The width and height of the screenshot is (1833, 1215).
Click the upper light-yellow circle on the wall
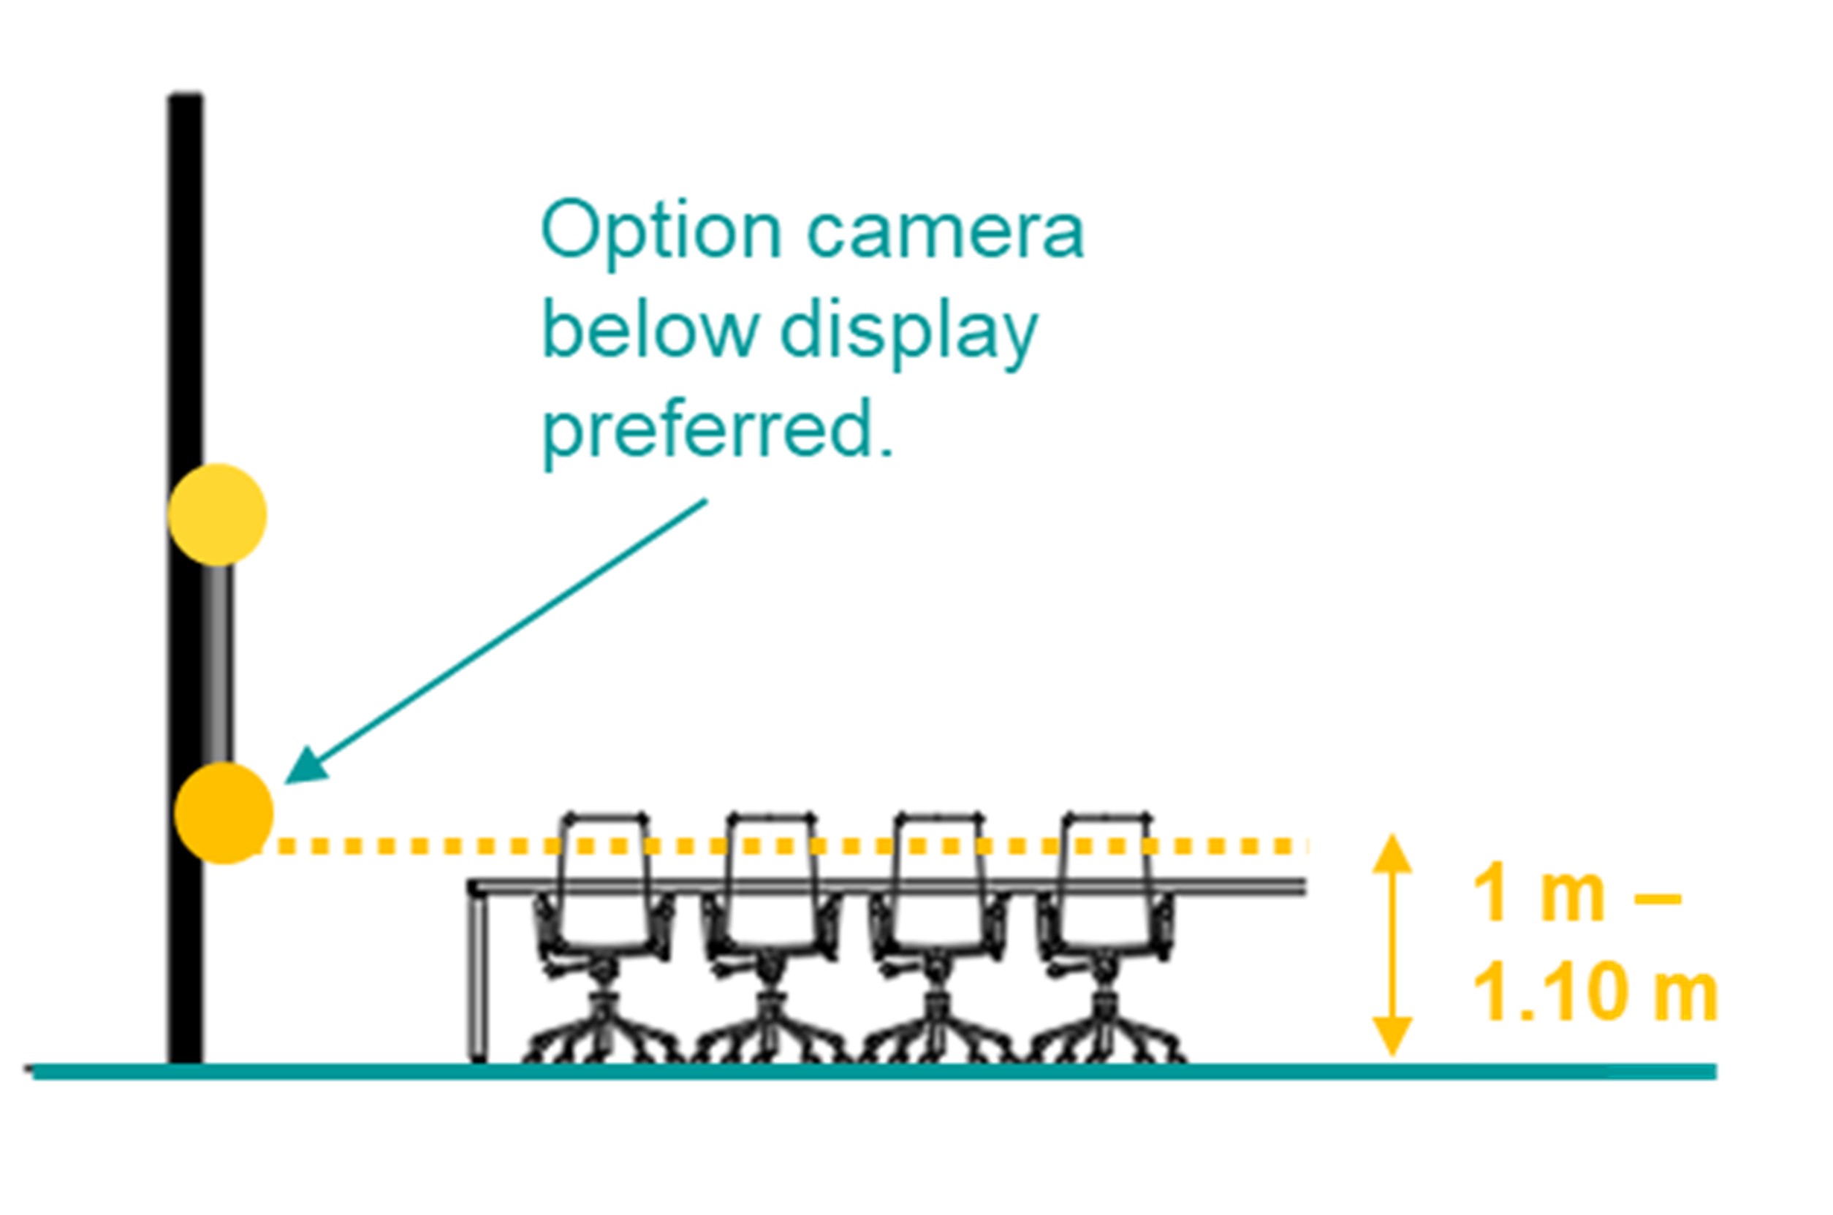click(x=218, y=514)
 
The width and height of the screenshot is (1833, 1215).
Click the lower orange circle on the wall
click(x=224, y=813)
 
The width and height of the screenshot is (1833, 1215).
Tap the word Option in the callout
click(x=662, y=232)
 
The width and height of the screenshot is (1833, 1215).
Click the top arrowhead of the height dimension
click(x=1392, y=853)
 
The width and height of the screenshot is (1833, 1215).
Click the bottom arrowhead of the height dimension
click(x=1392, y=1037)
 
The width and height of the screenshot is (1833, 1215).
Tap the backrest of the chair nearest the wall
click(x=604, y=881)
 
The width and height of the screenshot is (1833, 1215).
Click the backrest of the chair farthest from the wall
click(x=1107, y=881)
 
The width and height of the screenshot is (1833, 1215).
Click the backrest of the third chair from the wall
click(x=938, y=881)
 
